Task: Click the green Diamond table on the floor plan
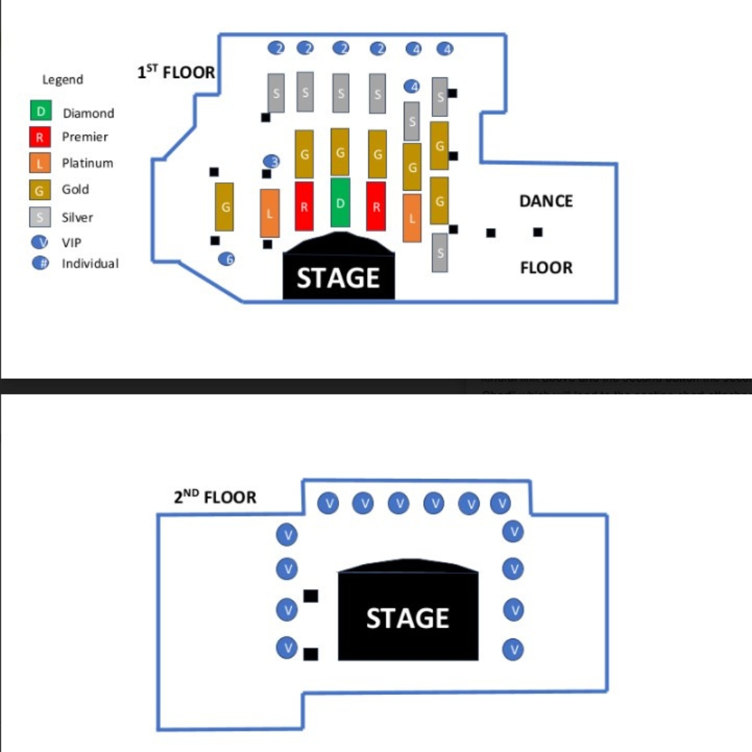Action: pyautogui.click(x=340, y=203)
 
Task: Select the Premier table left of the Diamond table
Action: pyautogui.click(x=304, y=206)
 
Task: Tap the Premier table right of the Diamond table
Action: pyautogui.click(x=376, y=206)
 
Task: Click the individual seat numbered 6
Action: pyautogui.click(x=226, y=259)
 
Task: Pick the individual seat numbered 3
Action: pyautogui.click(x=272, y=162)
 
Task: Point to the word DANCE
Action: pyautogui.click(x=546, y=201)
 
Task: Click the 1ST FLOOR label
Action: pyautogui.click(x=176, y=72)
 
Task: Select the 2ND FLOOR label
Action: pyautogui.click(x=214, y=497)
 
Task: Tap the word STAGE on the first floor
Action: pyautogui.click(x=338, y=278)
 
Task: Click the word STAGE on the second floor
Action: pyautogui.click(x=407, y=618)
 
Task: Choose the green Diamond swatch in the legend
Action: pyautogui.click(x=40, y=111)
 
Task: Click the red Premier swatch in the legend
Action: pyautogui.click(x=40, y=137)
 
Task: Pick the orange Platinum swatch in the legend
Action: pyautogui.click(x=40, y=163)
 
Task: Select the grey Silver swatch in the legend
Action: pyautogui.click(x=40, y=217)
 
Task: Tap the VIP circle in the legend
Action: pyautogui.click(x=41, y=242)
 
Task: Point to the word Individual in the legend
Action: pyautogui.click(x=90, y=264)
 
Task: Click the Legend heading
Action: pyautogui.click(x=63, y=79)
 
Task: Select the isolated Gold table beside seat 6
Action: pyautogui.click(x=224, y=207)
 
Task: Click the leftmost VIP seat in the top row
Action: pyautogui.click(x=328, y=503)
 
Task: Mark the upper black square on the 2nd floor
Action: pyautogui.click(x=311, y=596)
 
